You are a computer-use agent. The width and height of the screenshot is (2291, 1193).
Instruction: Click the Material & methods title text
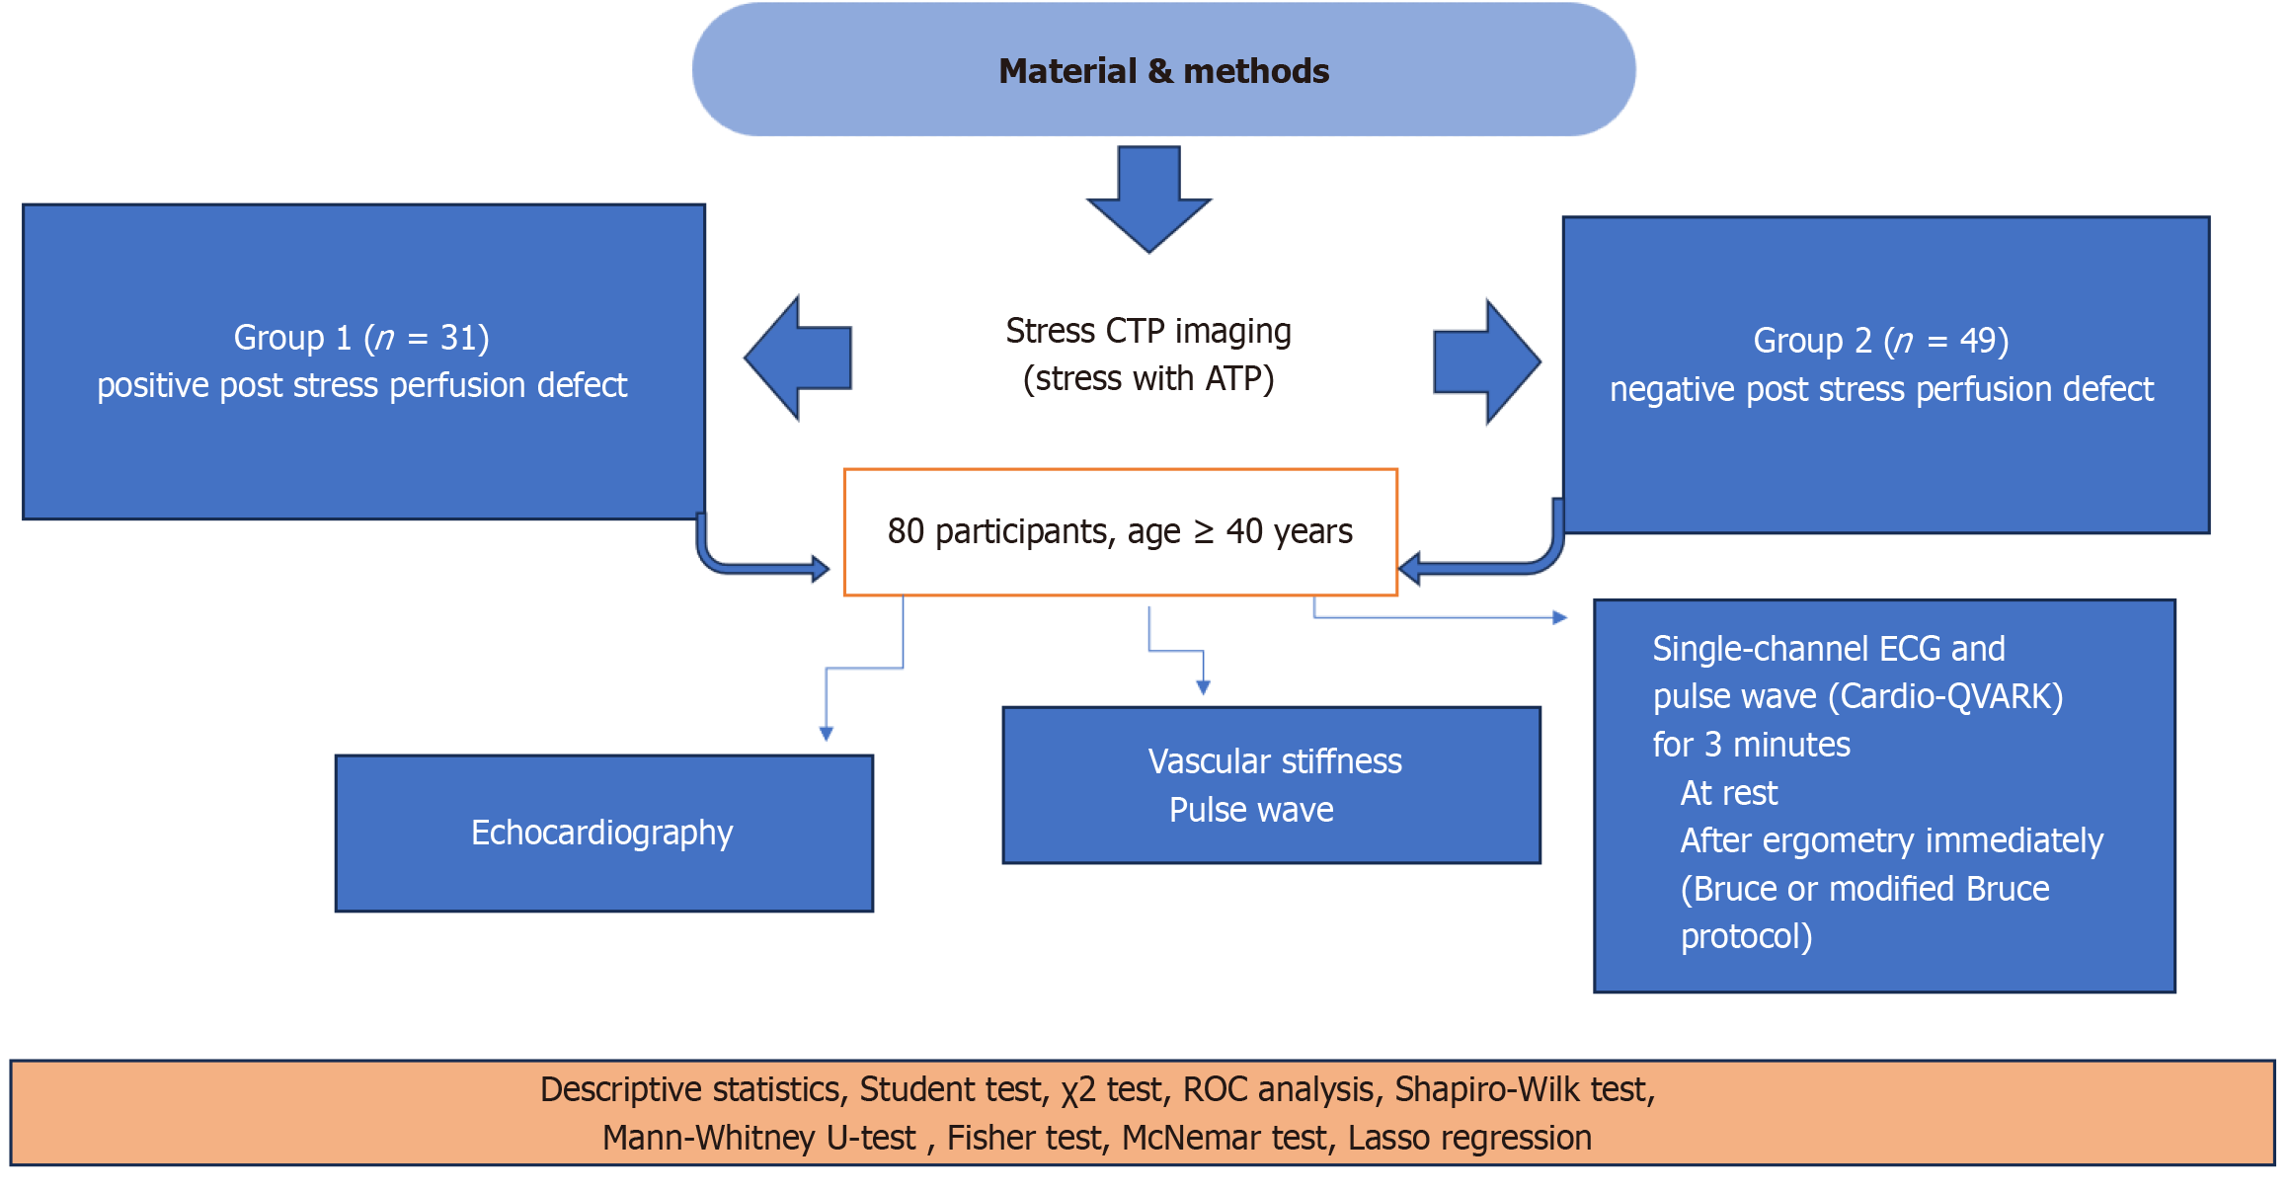[1163, 71]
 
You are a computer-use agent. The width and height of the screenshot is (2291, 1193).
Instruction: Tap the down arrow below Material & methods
[1148, 199]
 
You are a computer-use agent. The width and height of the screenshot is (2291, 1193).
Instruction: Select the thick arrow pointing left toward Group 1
[798, 358]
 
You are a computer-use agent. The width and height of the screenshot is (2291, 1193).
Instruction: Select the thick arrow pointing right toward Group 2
[1486, 361]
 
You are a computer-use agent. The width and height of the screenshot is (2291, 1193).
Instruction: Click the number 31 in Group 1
[459, 338]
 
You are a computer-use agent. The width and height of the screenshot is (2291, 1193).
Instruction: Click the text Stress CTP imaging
[1148, 331]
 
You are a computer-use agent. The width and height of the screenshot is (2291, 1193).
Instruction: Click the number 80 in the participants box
[906, 531]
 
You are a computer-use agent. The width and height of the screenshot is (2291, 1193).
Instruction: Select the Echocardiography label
[602, 833]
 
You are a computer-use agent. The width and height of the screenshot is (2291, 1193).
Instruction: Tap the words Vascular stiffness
[1275, 761]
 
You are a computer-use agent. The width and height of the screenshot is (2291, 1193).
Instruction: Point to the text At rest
[1728, 793]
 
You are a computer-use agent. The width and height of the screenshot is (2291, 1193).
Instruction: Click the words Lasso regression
[1469, 1139]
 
